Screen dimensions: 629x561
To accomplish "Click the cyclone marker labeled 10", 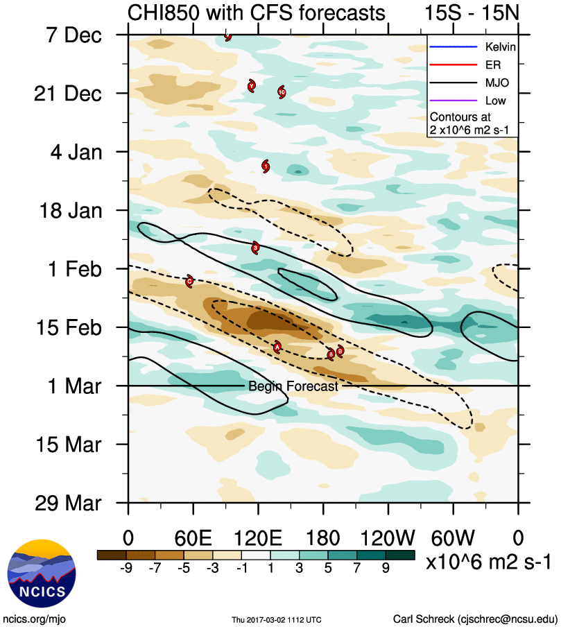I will [282, 92].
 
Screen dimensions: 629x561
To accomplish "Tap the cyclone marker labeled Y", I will [227, 36].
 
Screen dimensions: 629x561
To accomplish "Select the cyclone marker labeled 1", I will [266, 166].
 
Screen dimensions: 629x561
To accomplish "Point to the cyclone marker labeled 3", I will [255, 247].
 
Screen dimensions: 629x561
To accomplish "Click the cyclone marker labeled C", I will [189, 281].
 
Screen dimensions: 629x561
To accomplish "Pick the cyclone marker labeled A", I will [277, 347].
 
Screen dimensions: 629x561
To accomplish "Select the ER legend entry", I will [472, 66].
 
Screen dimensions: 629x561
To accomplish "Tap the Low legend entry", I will [472, 101].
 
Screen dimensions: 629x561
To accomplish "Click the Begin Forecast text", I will [293, 386].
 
